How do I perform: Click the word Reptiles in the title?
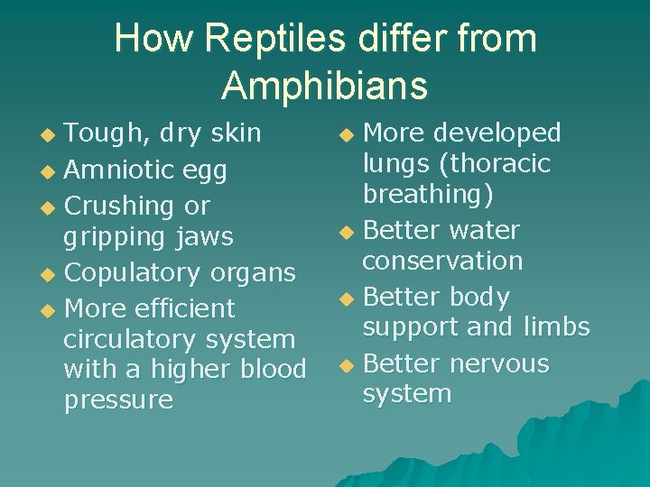click(279, 39)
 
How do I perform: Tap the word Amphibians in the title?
click(324, 85)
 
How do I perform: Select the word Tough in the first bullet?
click(99, 133)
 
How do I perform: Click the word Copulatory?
click(135, 272)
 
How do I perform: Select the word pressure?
click(118, 400)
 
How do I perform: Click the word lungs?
click(396, 164)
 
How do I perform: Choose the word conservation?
click(442, 262)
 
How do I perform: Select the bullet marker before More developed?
click(347, 135)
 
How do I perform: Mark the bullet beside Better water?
click(347, 233)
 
